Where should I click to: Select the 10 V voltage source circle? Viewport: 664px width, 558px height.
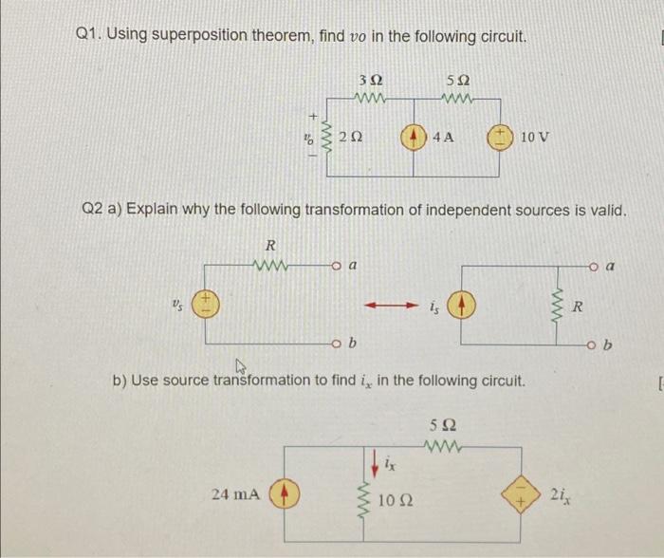point(501,135)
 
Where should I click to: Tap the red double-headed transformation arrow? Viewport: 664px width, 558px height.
point(390,306)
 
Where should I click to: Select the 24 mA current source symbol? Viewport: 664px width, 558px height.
point(281,493)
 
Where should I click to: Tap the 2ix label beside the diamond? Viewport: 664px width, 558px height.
point(560,493)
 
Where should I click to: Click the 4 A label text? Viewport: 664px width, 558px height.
point(442,136)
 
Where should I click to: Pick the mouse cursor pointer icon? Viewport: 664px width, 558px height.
point(239,365)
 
